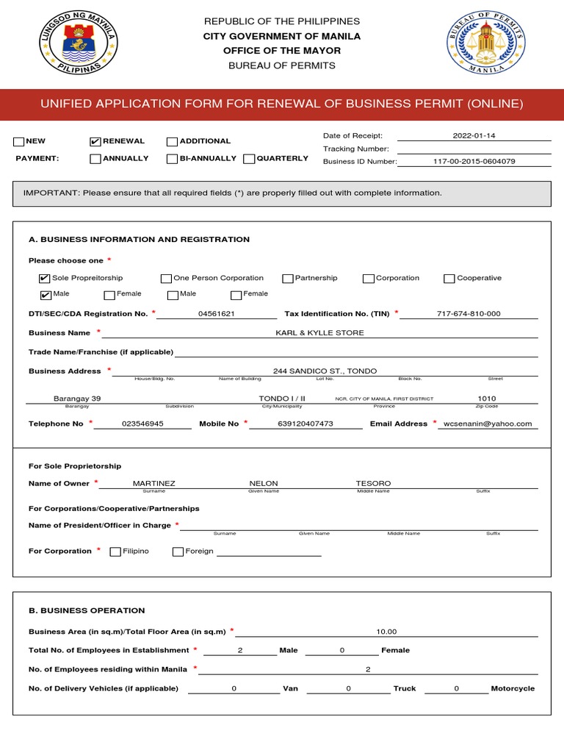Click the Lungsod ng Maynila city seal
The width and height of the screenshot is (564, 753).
79,44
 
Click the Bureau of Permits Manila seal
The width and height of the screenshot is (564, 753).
485,44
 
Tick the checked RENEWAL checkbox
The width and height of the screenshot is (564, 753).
95,141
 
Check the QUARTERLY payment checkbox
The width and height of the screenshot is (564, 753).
249,159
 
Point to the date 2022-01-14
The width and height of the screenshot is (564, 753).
474,136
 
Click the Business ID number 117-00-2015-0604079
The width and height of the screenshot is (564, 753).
474,161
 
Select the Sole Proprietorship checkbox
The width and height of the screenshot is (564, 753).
45,279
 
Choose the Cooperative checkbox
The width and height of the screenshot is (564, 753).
449,279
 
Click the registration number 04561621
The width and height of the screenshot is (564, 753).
217,314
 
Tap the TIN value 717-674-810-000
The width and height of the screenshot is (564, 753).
469,314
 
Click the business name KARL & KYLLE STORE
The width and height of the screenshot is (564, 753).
319,333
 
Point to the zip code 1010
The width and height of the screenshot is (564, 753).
487,399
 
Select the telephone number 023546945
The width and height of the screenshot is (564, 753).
142,424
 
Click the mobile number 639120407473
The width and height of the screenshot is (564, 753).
305,424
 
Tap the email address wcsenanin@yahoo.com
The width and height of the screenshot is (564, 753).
488,424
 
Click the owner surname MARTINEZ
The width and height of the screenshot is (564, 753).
154,484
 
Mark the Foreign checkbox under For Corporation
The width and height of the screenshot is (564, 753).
178,552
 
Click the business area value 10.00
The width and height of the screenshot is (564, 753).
386,632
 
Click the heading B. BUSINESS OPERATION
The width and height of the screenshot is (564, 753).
87,610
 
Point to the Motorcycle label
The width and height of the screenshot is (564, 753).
513,689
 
